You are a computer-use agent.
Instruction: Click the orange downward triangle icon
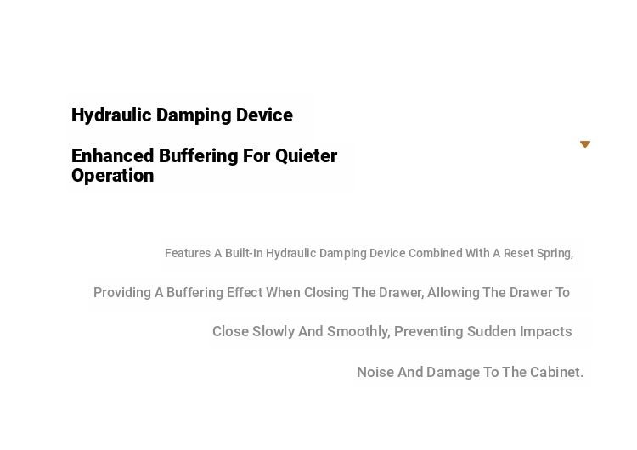click(585, 144)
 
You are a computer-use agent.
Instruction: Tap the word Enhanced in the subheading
click(112, 156)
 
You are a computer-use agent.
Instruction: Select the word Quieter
click(307, 156)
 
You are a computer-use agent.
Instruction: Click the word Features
click(188, 253)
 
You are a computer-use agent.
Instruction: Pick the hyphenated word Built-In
click(244, 253)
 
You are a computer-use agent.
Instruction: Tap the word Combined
click(435, 253)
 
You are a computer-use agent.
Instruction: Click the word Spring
click(555, 254)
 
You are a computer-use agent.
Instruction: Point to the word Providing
click(122, 293)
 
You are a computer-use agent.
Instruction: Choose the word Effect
click(245, 292)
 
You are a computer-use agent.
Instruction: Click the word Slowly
click(273, 332)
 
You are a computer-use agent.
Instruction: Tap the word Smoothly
click(358, 332)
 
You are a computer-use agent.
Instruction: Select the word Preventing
click(429, 332)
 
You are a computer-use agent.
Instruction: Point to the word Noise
click(375, 372)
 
